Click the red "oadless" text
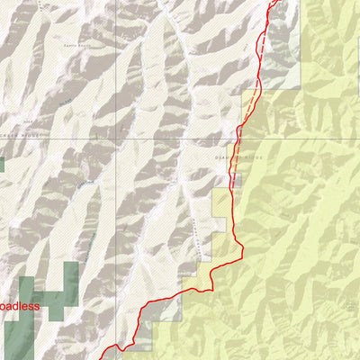(20, 306)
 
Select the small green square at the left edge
(2, 165)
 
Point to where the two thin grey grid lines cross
(113, 139)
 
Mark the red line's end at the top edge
(274, 2)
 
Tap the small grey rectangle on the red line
(236, 181)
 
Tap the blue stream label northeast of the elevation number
(64, 105)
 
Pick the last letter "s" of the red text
(37, 307)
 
